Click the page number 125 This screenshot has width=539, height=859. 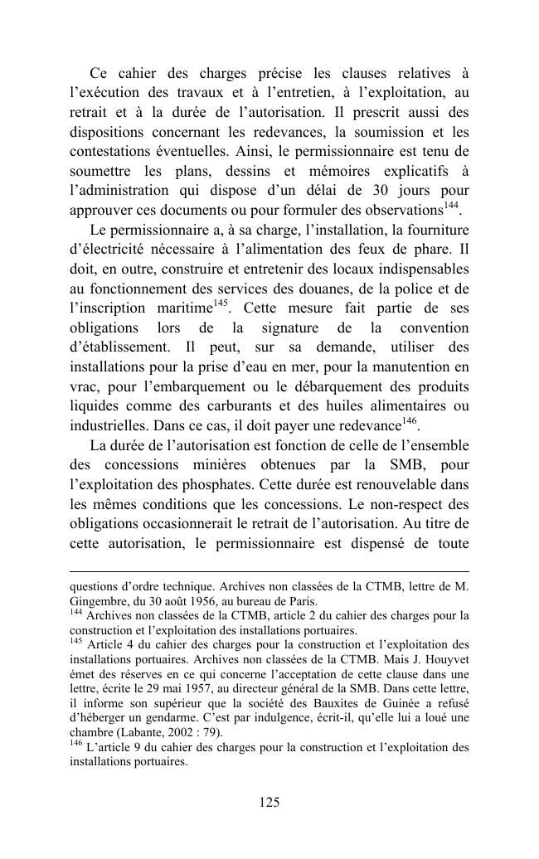tap(269, 802)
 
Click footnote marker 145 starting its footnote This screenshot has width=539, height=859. tap(76, 642)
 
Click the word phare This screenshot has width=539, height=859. tap(428, 249)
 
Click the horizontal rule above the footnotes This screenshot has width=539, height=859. tap(269, 571)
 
